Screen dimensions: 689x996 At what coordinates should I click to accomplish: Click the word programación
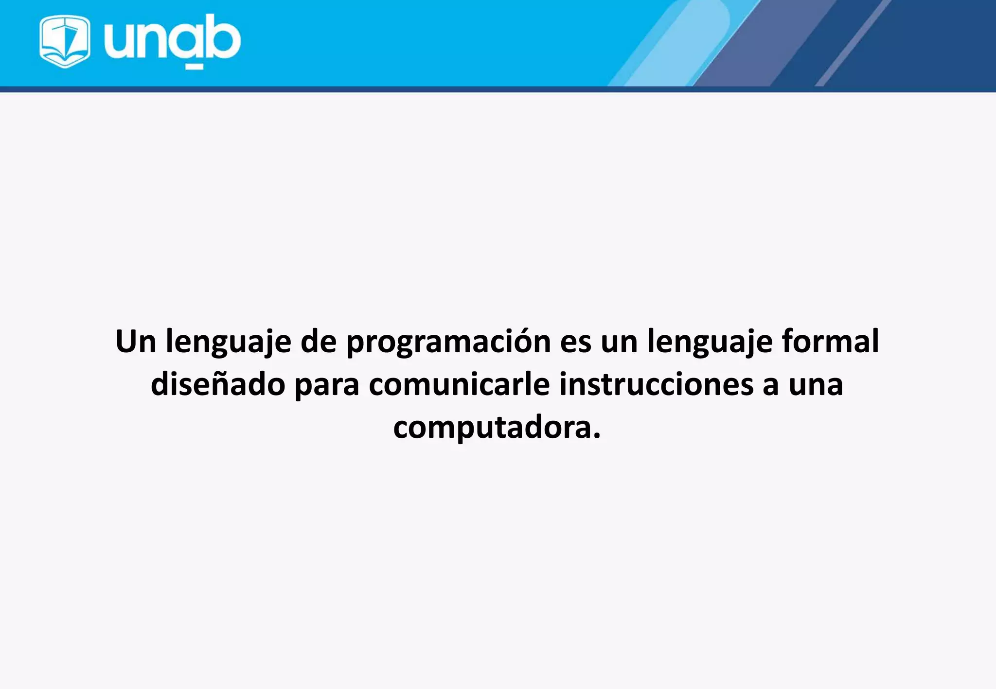448,343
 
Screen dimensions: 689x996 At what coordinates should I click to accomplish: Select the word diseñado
218,384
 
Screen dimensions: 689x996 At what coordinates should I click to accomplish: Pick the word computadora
492,428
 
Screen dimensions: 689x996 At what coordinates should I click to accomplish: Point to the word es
575,343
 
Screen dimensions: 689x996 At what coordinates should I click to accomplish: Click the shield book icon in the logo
65,41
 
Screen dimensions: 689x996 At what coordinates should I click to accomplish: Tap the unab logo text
172,39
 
